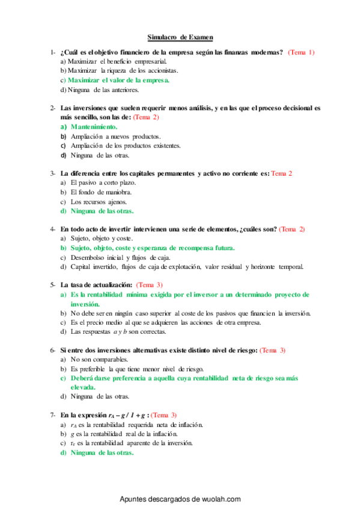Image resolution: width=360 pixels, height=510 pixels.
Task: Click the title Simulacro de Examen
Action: tap(180, 37)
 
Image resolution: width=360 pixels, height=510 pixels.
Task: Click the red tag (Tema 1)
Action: tap(301, 52)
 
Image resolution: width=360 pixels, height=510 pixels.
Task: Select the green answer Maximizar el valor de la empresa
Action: tap(118, 79)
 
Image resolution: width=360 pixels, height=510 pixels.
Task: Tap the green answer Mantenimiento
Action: tap(93, 127)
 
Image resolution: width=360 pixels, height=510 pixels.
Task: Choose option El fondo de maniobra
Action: tap(100, 192)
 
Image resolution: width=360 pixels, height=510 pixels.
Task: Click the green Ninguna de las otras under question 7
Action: tap(102, 453)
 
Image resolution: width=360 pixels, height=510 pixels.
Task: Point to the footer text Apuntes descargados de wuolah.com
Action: tap(180, 499)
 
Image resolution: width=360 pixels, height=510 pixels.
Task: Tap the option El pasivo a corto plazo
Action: tap(103, 182)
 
